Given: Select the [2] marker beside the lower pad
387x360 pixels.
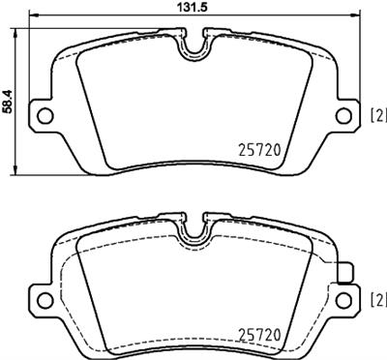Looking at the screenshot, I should pyautogui.click(x=377, y=300).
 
